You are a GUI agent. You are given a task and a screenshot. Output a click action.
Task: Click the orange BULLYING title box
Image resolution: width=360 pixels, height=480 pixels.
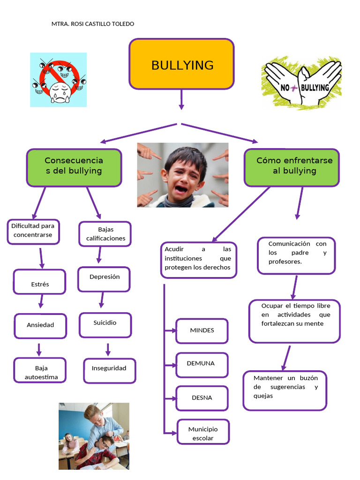pyautogui.click(x=181, y=64)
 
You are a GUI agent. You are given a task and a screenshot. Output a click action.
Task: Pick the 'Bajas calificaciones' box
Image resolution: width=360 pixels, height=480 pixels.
pyautogui.click(x=105, y=234)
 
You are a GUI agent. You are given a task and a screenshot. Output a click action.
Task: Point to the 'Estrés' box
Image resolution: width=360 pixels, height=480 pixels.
pyautogui.click(x=39, y=282)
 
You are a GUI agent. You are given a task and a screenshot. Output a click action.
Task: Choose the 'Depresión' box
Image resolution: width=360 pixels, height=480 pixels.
pyautogui.click(x=104, y=279)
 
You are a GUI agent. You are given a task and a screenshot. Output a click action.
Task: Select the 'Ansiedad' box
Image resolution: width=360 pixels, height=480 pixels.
pyautogui.click(x=40, y=325)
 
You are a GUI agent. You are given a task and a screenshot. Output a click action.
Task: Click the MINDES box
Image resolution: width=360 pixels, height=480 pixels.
pyautogui.click(x=202, y=331)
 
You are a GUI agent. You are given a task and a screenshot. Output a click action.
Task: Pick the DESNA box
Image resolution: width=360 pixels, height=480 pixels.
pyautogui.click(x=202, y=398)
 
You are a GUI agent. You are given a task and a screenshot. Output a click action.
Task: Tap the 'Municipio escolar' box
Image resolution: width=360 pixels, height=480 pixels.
pyautogui.click(x=203, y=432)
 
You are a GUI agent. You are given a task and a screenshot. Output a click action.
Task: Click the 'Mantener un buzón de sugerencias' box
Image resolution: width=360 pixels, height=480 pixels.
pyautogui.click(x=285, y=390)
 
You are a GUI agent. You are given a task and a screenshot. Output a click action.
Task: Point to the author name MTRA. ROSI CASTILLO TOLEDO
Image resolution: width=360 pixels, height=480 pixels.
pyautogui.click(x=92, y=24)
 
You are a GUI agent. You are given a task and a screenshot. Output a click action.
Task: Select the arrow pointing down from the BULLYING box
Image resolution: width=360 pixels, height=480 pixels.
pyautogui.click(x=181, y=100)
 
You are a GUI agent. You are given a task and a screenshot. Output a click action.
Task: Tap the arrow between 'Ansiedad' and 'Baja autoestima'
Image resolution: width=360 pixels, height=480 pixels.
pyautogui.click(x=39, y=349)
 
